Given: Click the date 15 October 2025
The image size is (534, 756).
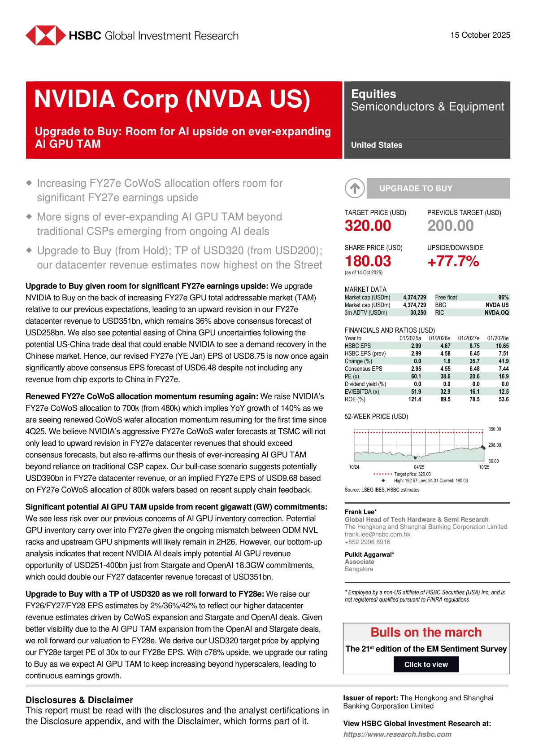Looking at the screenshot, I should coord(480,35).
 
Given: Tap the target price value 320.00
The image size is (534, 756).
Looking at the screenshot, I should coord(368,226).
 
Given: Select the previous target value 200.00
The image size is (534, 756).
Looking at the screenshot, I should coord(450,226).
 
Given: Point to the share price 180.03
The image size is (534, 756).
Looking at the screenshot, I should coord(368,261).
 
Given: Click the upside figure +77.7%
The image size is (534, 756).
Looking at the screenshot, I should coord(453,261).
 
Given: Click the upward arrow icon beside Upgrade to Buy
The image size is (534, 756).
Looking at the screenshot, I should coord(355,189).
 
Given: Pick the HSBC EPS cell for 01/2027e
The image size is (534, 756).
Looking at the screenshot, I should coord(474,346).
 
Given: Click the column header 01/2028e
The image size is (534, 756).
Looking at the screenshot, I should coord(498,338).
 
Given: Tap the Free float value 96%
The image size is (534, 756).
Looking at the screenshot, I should coord(504,298).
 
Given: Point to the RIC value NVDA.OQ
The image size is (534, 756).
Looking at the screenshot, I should coord(496,313).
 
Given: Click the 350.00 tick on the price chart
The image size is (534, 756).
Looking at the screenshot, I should coord(495,429).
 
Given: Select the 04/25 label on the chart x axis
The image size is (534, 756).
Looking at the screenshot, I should coord(419,467).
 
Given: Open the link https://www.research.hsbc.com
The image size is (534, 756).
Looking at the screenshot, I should coord(397,734).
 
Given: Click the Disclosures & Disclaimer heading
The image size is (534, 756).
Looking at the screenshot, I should coord(79,700).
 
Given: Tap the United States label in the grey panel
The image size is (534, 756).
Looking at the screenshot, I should coord(377,145).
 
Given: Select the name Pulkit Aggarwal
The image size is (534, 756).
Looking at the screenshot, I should coord(368,554).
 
